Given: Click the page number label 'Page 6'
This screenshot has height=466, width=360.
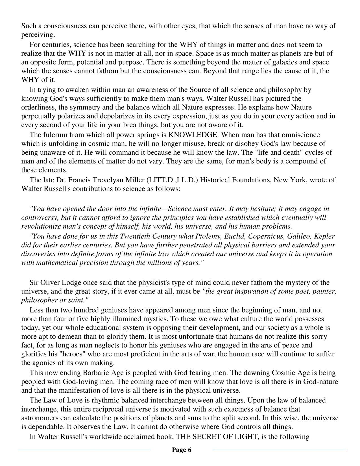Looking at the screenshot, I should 182,450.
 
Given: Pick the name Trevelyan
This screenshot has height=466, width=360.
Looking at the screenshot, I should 107,180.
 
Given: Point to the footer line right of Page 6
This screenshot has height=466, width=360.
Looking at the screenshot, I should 280,450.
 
